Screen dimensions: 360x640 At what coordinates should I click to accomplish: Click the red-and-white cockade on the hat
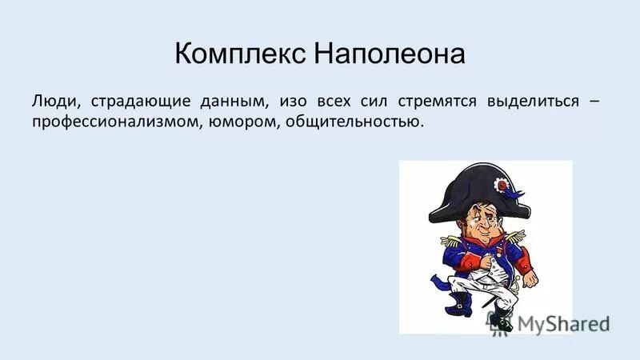pyautogui.click(x=503, y=186)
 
